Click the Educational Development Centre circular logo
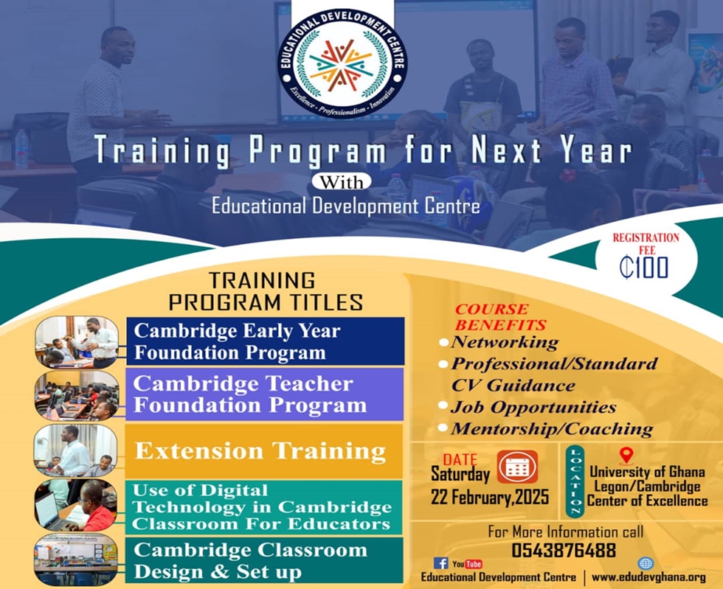click(x=342, y=63)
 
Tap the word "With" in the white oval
click(x=341, y=182)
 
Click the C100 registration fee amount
click(x=643, y=268)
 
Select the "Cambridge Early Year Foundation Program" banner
click(x=265, y=341)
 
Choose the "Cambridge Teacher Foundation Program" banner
click(x=264, y=394)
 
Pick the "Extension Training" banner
click(x=264, y=451)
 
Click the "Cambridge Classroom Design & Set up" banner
click(x=264, y=560)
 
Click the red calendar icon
click(x=517, y=467)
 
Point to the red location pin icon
click(x=626, y=456)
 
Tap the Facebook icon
click(x=441, y=562)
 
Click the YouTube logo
click(x=467, y=564)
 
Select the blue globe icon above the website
click(x=646, y=563)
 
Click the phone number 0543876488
click(x=564, y=550)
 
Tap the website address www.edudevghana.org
click(x=648, y=577)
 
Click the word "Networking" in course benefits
click(x=505, y=343)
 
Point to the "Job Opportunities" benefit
click(x=533, y=408)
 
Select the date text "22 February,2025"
click(x=490, y=498)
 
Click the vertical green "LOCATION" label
click(x=575, y=481)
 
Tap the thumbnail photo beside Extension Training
click(x=76, y=450)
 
